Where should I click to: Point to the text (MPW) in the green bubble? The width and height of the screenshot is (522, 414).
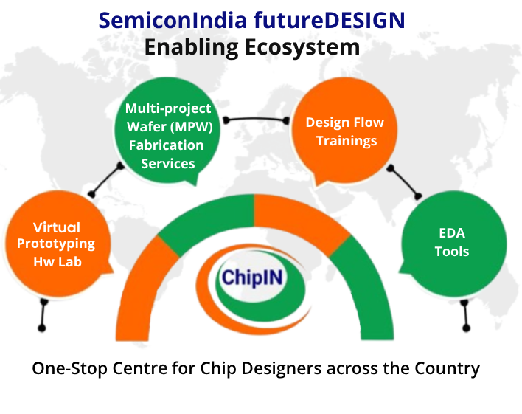(x=195, y=126)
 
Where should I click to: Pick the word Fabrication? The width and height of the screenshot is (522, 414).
(x=167, y=145)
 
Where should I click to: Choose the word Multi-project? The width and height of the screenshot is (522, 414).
(x=167, y=108)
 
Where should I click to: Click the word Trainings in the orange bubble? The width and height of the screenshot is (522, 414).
(x=347, y=140)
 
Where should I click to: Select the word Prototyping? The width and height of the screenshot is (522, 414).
(x=56, y=244)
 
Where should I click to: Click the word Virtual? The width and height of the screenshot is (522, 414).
(x=57, y=227)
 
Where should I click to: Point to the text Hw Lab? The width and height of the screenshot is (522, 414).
(x=57, y=261)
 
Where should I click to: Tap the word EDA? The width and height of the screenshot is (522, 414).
(x=452, y=233)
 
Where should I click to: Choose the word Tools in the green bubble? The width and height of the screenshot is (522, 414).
(x=452, y=251)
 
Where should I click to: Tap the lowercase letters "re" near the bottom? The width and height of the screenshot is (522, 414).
(x=159, y=368)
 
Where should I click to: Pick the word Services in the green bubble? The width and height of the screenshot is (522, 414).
(x=167, y=162)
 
